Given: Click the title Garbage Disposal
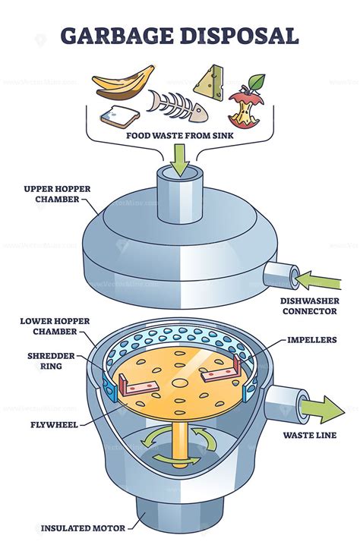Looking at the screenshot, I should click(x=180, y=36).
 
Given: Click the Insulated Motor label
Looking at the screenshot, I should click(x=81, y=527).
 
